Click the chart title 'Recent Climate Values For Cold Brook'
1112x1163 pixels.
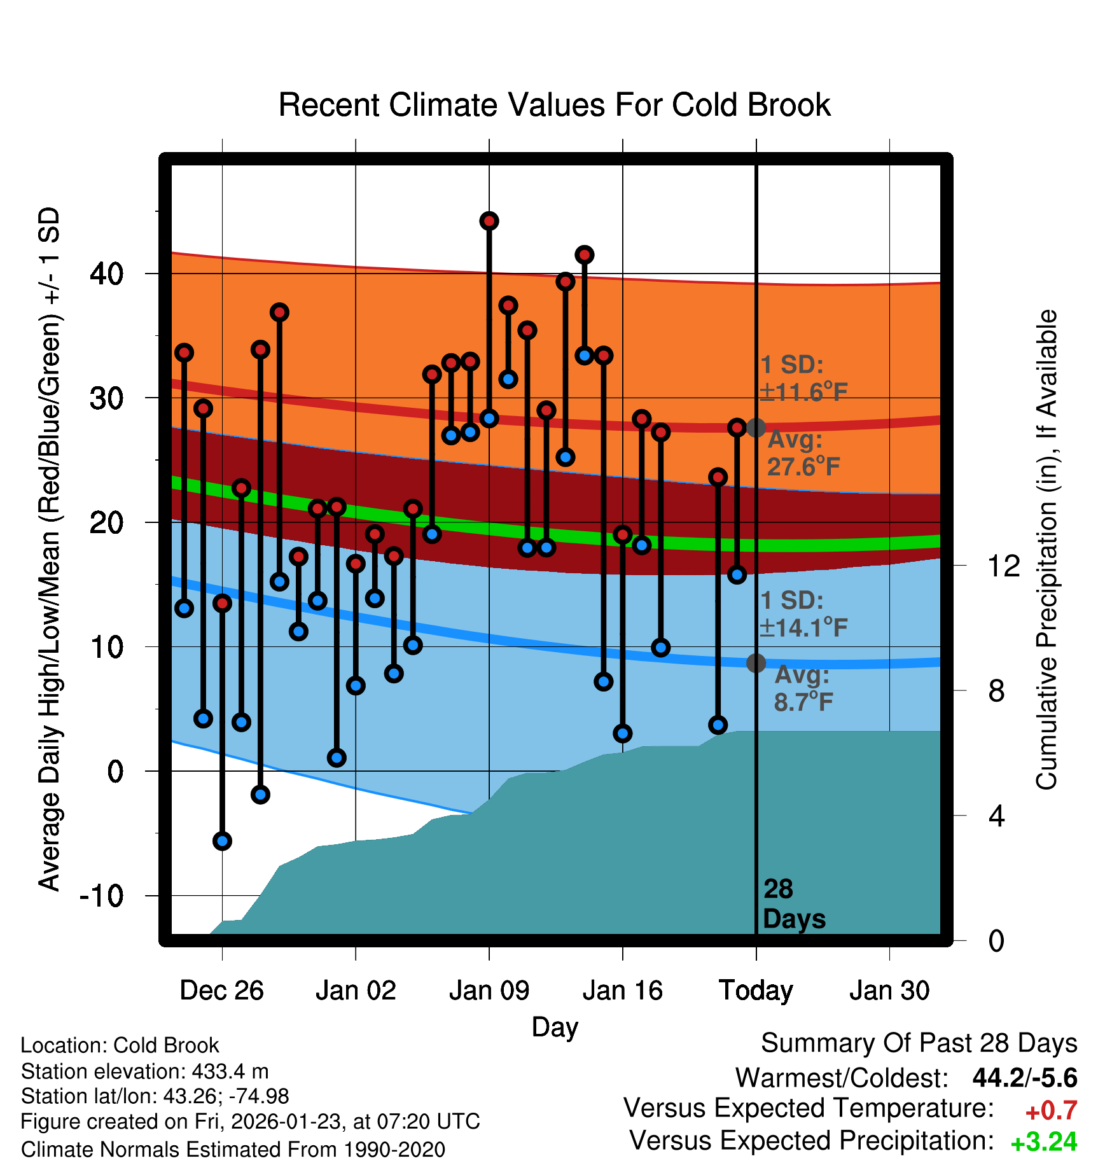pyautogui.click(x=554, y=105)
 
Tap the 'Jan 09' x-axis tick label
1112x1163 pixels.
pyautogui.click(x=489, y=991)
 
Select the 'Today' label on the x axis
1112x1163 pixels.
pyautogui.click(x=756, y=991)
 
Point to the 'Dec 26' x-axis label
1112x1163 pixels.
pyautogui.click(x=221, y=991)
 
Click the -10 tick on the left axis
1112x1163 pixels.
pyautogui.click(x=102, y=896)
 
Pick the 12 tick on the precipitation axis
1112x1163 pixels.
pyautogui.click(x=1003, y=566)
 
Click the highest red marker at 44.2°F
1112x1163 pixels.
pyautogui.click(x=489, y=221)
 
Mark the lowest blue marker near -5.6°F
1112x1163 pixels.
pyautogui.click(x=222, y=841)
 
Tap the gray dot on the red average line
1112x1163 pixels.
pyautogui.click(x=756, y=428)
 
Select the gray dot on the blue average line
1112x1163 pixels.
pyautogui.click(x=756, y=663)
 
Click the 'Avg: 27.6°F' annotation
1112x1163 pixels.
pyautogui.click(x=803, y=454)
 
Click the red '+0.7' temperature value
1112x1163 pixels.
pyautogui.click(x=1051, y=1111)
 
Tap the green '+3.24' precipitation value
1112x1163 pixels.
pyautogui.click(x=1044, y=1143)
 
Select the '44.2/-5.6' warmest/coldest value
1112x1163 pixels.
pyautogui.click(x=1025, y=1078)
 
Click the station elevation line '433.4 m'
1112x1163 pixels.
pyautogui.click(x=145, y=1071)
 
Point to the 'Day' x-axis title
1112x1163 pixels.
pyautogui.click(x=555, y=1027)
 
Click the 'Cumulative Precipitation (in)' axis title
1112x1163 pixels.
pyautogui.click(x=1046, y=550)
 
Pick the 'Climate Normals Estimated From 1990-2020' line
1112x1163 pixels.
pyautogui.click(x=233, y=1150)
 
